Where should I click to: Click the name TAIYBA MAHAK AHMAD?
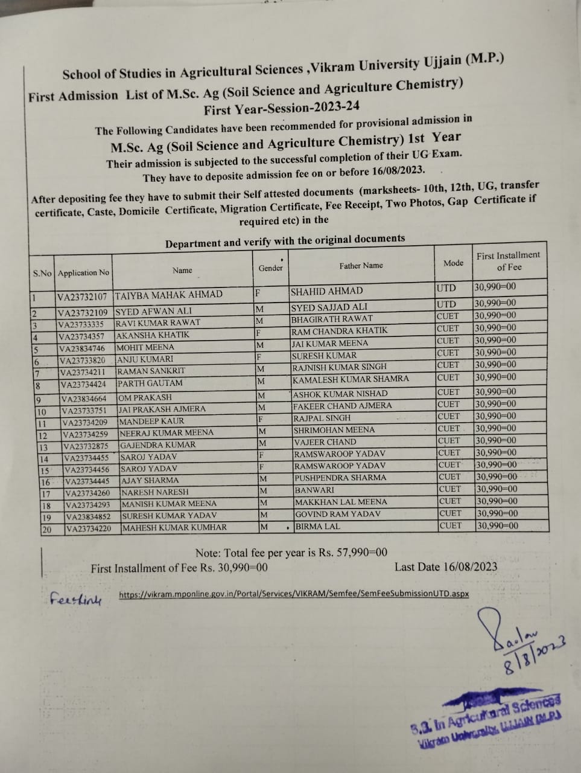click(x=168, y=295)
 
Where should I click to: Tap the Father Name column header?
click(x=361, y=266)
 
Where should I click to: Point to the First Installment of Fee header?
click(x=508, y=261)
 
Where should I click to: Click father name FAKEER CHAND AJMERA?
click(x=342, y=406)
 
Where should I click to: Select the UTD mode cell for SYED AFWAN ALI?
click(x=446, y=304)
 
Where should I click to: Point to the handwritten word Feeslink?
click(x=76, y=600)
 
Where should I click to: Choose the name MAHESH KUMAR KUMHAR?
click(x=175, y=527)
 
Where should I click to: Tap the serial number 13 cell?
click(x=43, y=447)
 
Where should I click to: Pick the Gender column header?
click(x=270, y=268)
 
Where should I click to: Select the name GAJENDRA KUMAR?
click(x=158, y=445)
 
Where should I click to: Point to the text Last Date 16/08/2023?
click(x=446, y=566)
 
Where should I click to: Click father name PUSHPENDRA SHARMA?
click(x=340, y=478)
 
